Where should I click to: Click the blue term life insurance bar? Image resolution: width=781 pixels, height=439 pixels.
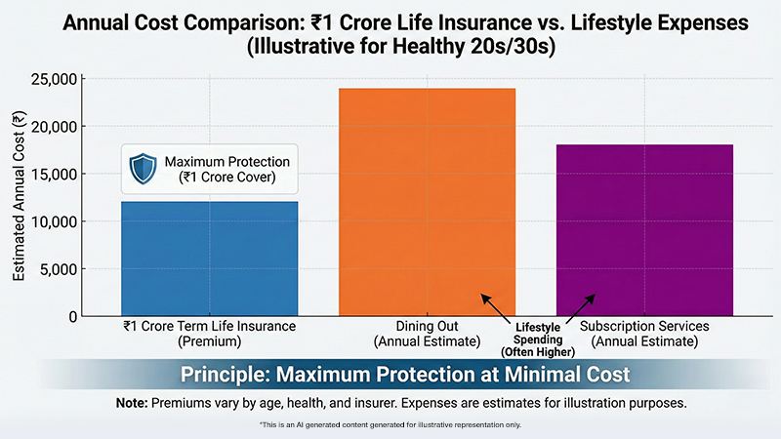click(x=209, y=259)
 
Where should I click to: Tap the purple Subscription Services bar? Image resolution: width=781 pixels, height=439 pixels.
click(x=644, y=230)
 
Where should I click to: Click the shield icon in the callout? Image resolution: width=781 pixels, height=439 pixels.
click(x=144, y=168)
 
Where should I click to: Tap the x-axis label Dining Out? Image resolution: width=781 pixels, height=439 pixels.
click(x=427, y=326)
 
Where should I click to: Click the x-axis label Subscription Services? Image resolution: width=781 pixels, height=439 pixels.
click(x=644, y=326)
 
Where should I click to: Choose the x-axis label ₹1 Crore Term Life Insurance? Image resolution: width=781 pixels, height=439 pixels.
click(x=209, y=326)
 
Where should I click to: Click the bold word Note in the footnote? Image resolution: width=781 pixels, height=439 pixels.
click(x=134, y=401)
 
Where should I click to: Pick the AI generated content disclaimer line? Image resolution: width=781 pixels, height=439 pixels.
click(x=390, y=425)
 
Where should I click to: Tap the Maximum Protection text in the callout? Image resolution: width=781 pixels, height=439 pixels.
click(x=227, y=161)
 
